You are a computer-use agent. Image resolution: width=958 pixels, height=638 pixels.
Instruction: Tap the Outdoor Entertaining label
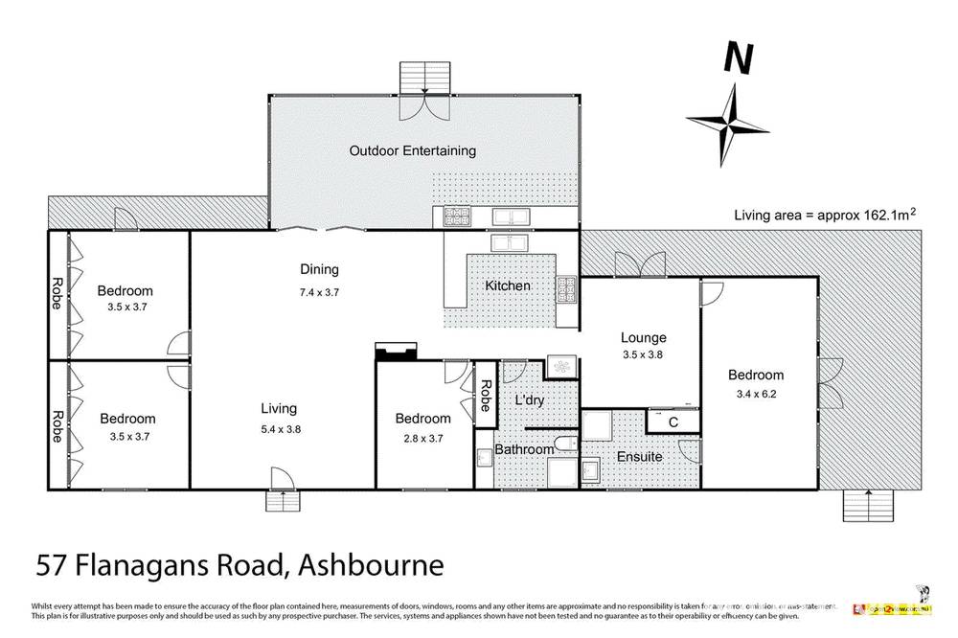(x=412, y=150)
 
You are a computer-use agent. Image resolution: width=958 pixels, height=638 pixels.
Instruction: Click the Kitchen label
(x=507, y=286)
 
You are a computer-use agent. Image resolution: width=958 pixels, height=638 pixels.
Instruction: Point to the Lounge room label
(x=643, y=337)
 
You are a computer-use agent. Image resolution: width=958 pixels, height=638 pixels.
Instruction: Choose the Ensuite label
(x=639, y=457)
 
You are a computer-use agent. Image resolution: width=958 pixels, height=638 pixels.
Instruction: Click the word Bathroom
(x=524, y=449)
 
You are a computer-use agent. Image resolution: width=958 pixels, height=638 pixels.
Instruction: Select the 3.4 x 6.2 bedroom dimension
(x=755, y=393)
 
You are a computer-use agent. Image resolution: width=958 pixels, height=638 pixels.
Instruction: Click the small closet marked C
(x=670, y=421)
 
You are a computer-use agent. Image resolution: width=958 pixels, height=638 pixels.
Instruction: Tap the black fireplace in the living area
(x=397, y=353)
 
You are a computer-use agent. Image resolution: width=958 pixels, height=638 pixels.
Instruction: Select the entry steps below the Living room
(x=281, y=501)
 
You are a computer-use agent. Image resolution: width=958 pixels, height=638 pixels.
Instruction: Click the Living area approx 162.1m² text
(x=823, y=216)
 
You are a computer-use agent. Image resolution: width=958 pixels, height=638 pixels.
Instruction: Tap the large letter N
(x=736, y=59)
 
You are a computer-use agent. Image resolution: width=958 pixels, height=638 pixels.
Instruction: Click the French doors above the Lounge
(x=638, y=264)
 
